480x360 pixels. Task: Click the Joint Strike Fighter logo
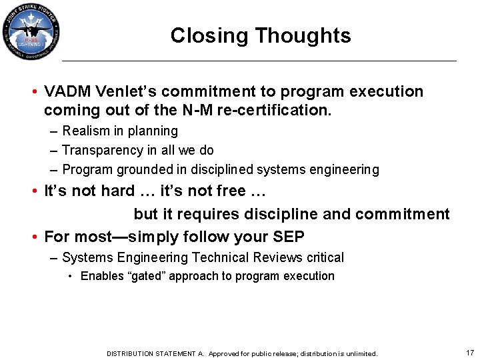31,31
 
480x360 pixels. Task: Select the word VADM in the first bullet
65,91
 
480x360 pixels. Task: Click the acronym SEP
289,237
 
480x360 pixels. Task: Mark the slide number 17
469,352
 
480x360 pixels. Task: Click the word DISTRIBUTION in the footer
131,353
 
